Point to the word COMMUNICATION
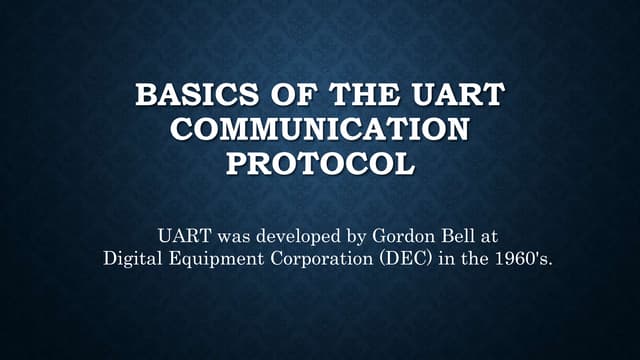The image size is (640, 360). pos(320,130)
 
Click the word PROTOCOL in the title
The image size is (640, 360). pos(320,161)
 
